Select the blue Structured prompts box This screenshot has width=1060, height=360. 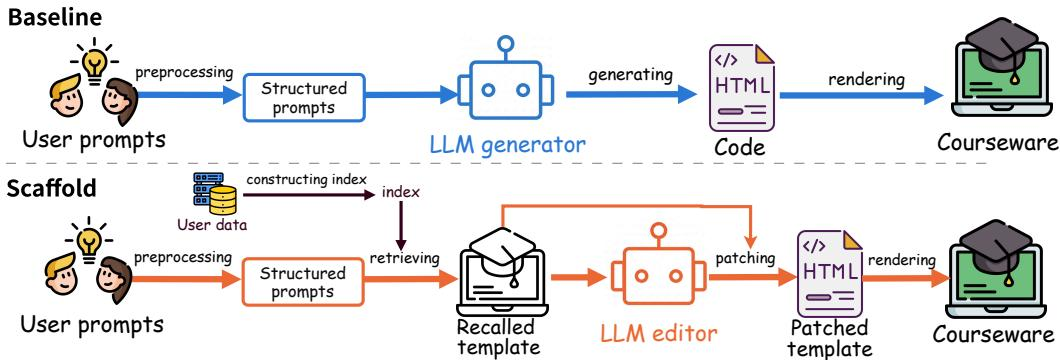304,97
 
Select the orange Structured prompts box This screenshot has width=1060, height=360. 302,282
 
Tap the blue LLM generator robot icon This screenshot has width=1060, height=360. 505,82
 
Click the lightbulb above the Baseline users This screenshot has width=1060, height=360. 95,61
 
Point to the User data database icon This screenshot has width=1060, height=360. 212,194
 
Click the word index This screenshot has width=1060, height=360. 401,192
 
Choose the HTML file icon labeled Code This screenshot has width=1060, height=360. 741,86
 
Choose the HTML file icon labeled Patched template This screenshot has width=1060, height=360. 830,274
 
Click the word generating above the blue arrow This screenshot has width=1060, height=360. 630,74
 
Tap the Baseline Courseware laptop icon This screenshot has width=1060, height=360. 1003,80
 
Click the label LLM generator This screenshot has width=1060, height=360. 507,144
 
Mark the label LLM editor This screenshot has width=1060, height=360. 659,332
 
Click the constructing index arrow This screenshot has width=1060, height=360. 308,195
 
